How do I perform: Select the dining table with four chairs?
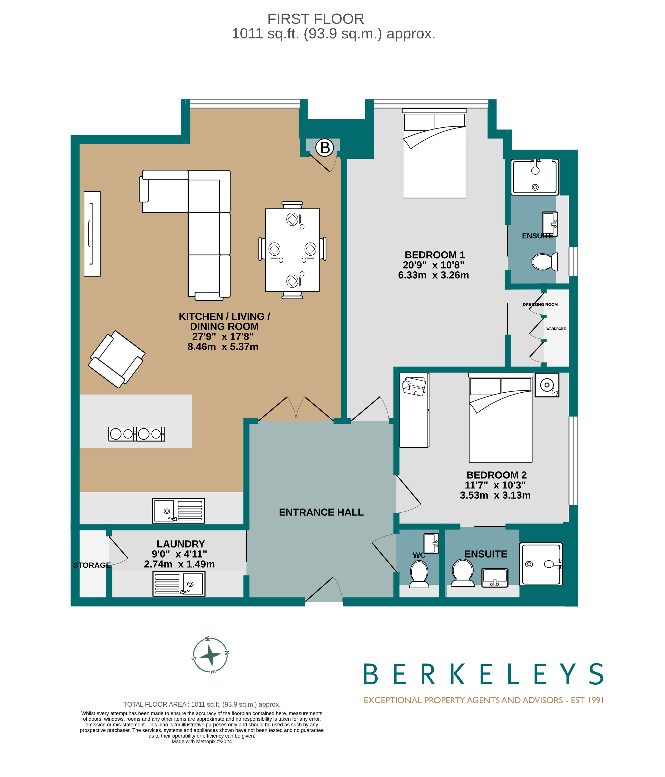(292, 250)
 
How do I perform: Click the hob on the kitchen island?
(137, 434)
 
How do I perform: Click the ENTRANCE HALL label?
(321, 512)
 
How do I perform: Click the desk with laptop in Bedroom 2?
(414, 410)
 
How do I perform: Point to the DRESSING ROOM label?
(540, 305)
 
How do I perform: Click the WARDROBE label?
(556, 328)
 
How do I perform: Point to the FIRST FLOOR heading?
(316, 19)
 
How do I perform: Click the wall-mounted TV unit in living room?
(92, 234)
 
